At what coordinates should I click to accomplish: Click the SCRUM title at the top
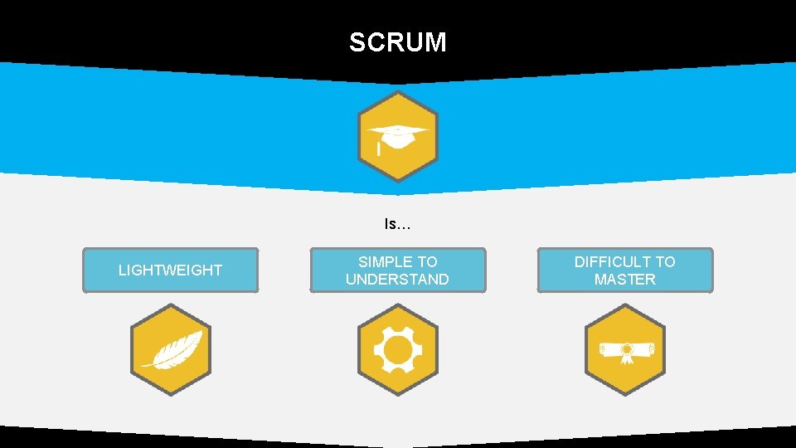pyautogui.click(x=397, y=42)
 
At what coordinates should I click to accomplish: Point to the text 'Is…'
pyautogui.click(x=397, y=224)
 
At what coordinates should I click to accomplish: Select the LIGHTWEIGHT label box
pyautogui.click(x=170, y=270)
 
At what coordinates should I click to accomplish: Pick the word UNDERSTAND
pyautogui.click(x=397, y=280)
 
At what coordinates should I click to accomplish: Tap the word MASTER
pyautogui.click(x=624, y=280)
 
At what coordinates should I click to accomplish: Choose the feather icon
pyautogui.click(x=172, y=349)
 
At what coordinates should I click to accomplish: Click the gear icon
pyautogui.click(x=397, y=349)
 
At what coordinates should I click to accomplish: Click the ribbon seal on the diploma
pyautogui.click(x=628, y=352)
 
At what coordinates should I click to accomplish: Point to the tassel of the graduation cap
pyautogui.click(x=379, y=149)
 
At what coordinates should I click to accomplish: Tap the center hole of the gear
pyautogui.click(x=397, y=349)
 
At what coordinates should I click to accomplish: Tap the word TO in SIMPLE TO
pyautogui.click(x=428, y=262)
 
